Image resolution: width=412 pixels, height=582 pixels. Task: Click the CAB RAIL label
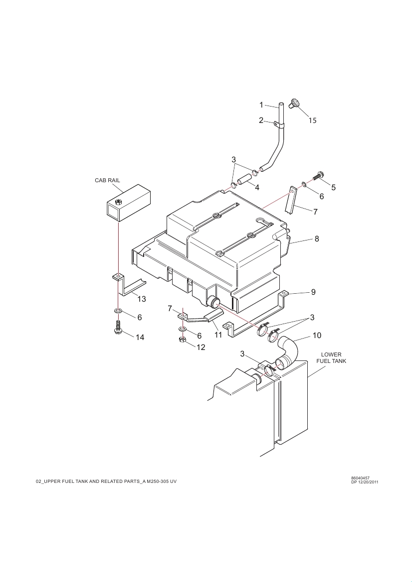(x=108, y=180)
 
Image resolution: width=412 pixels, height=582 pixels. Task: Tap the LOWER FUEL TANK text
(x=331, y=358)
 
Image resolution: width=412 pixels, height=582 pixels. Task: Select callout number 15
(x=312, y=120)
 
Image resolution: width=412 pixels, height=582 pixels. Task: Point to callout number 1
(x=261, y=105)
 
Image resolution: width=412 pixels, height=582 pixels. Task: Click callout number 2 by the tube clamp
(x=261, y=120)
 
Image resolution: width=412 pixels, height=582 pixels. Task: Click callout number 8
(x=317, y=239)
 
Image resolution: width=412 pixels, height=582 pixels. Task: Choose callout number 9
(x=313, y=292)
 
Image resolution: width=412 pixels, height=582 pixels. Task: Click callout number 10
(x=317, y=336)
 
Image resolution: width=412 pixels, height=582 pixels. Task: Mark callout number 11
(x=218, y=335)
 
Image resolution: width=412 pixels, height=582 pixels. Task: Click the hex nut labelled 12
(x=183, y=340)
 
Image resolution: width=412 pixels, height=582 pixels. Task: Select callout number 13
(x=142, y=299)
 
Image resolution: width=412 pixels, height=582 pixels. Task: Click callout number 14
(x=140, y=338)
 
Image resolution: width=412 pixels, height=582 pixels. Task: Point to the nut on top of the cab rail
(x=118, y=202)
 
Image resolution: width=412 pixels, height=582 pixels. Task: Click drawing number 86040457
(x=360, y=478)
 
